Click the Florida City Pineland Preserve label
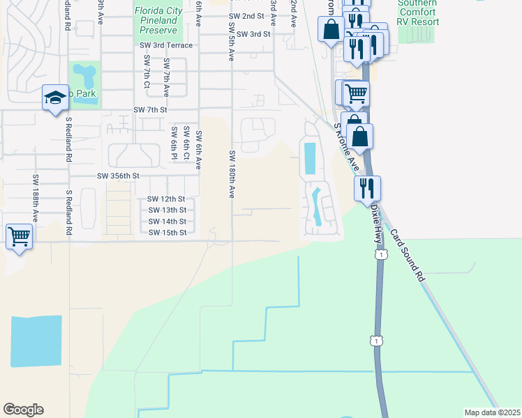click(x=158, y=21)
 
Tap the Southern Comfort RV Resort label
click(x=418, y=13)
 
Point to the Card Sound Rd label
click(x=407, y=255)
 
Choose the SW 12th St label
click(x=167, y=199)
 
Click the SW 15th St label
click(x=167, y=233)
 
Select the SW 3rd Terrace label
click(x=166, y=45)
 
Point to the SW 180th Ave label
click(x=232, y=173)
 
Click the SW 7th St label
click(x=150, y=110)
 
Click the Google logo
click(x=23, y=410)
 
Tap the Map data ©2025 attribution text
click(x=491, y=412)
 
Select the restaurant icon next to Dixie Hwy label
click(x=366, y=187)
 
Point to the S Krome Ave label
click(x=346, y=148)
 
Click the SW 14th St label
click(x=167, y=222)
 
